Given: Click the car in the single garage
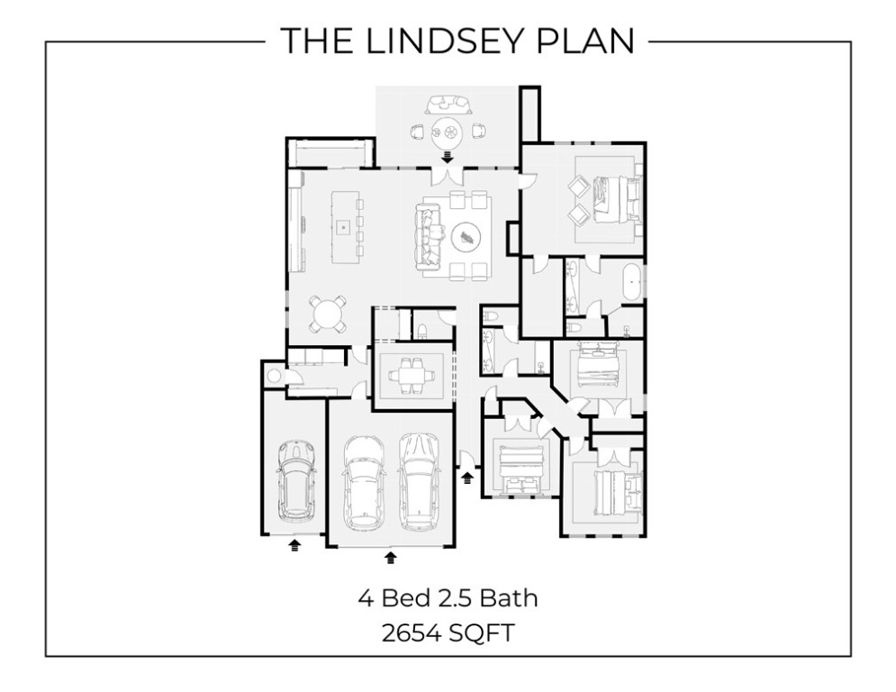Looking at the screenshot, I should (x=294, y=480).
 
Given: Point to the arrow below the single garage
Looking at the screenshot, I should (x=294, y=544).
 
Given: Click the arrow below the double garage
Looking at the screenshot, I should (x=390, y=557).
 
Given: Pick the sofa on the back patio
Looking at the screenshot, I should (x=447, y=103).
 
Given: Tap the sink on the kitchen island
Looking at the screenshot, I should (x=343, y=227).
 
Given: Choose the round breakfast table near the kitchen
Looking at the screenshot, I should (x=327, y=314).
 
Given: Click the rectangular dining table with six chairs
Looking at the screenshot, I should (x=413, y=371).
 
